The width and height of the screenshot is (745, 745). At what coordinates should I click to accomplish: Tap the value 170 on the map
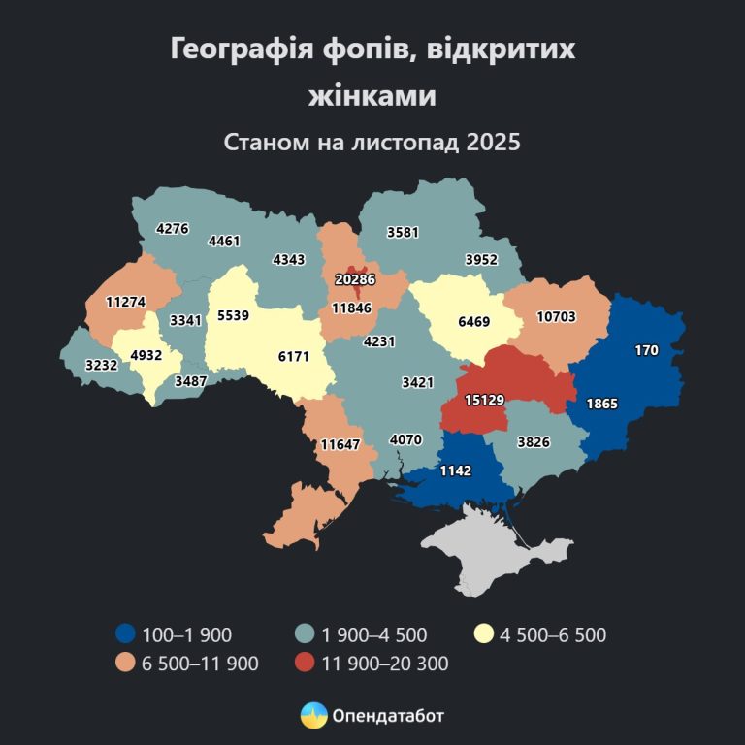pyautogui.click(x=647, y=350)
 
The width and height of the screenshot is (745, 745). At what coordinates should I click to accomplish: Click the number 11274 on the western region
pyautogui.click(x=126, y=302)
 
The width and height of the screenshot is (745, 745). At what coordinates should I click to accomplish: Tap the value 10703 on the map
pyautogui.click(x=556, y=316)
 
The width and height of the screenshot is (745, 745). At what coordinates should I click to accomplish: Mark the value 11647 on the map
pyautogui.click(x=340, y=445)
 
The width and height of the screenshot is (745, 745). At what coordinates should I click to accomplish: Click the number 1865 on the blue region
pyautogui.click(x=601, y=403)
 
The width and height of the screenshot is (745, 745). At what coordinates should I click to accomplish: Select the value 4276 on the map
pyautogui.click(x=173, y=229)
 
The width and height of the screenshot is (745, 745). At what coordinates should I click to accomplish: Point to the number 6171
pyautogui.click(x=295, y=357)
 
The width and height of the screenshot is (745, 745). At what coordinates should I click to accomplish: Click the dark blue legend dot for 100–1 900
pyautogui.click(x=124, y=635)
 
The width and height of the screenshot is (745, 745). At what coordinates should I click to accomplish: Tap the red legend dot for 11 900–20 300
pyautogui.click(x=305, y=664)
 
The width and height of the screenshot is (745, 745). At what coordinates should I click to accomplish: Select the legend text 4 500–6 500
pyautogui.click(x=553, y=635)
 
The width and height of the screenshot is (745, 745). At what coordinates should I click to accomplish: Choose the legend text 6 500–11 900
pyautogui.click(x=199, y=664)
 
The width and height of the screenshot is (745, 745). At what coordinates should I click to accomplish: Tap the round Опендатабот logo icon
pyautogui.click(x=313, y=716)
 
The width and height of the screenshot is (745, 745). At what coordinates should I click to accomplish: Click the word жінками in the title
pyautogui.click(x=372, y=96)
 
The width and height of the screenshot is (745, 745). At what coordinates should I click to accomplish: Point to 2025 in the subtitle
pyautogui.click(x=494, y=142)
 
